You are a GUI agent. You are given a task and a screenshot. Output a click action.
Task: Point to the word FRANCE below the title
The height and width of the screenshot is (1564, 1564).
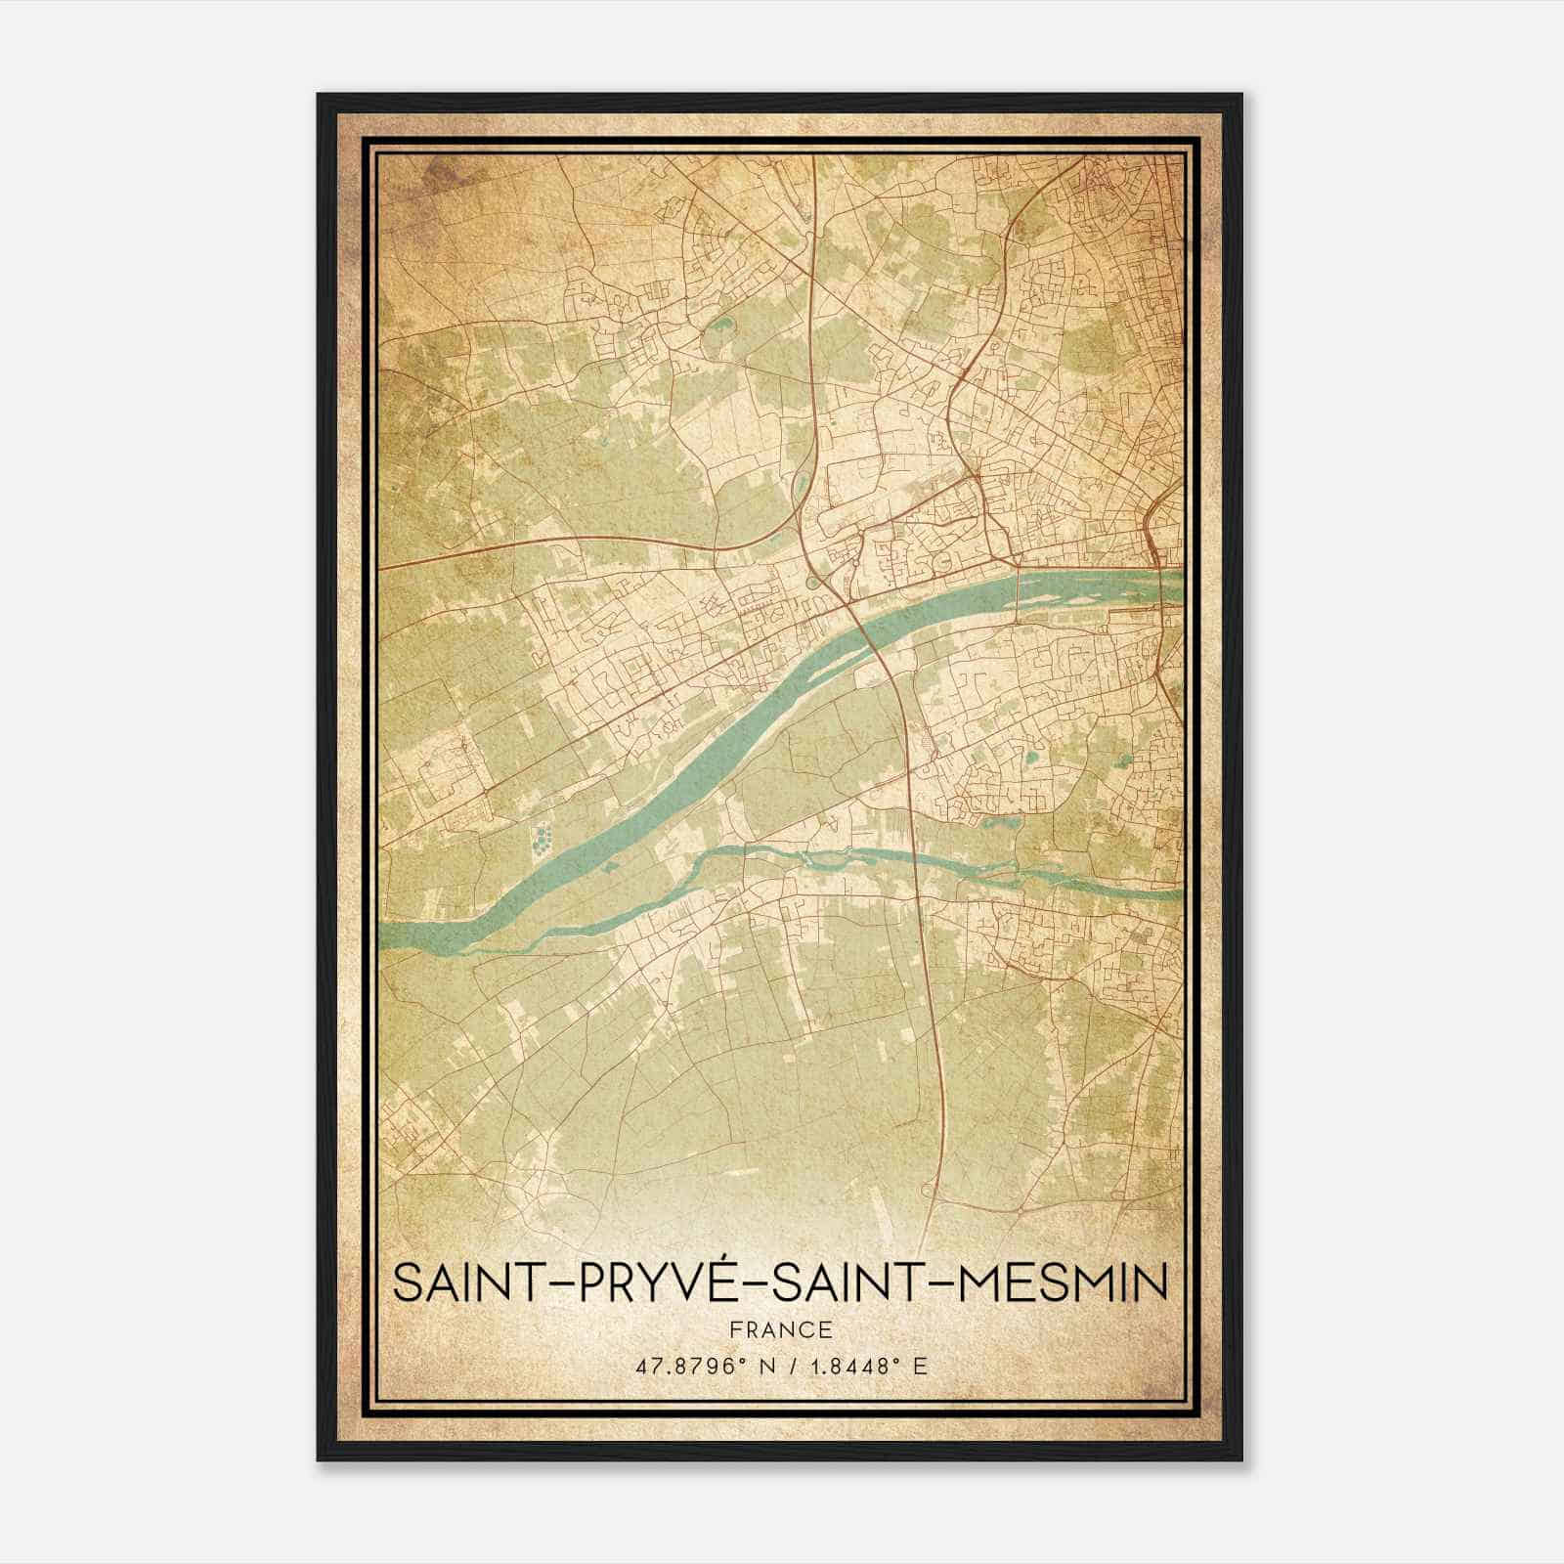[x=780, y=1329]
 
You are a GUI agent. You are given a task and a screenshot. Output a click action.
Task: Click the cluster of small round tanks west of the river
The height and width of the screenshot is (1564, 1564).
[x=543, y=837]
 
